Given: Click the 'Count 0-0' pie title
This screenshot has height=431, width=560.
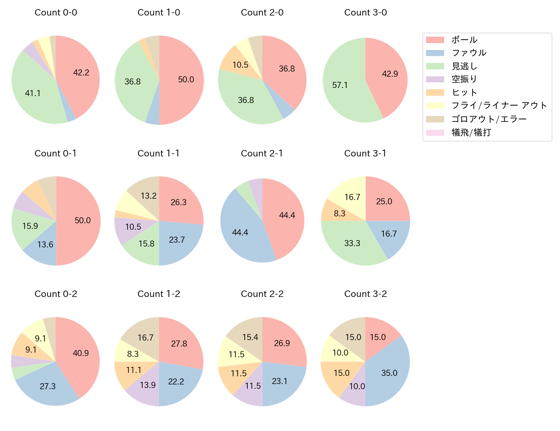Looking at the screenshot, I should [56, 12].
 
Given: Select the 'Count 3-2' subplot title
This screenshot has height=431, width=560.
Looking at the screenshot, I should [365, 294].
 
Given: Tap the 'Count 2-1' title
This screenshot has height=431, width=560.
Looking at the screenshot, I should [262, 153].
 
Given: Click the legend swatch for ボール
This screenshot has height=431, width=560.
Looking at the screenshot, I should [435, 40].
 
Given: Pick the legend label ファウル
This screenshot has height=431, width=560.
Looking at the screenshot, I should [469, 53].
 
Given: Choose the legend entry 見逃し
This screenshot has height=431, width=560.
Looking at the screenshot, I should [464, 66].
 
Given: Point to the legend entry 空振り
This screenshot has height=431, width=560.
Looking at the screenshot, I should [464, 79].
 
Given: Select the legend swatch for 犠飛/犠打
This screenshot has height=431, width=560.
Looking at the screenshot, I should [435, 132].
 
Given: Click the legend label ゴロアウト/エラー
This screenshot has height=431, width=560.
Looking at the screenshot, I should [489, 119].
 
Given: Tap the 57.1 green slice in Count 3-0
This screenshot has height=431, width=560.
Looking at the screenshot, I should [342, 86].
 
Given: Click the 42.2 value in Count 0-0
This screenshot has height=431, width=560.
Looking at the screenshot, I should [81, 73].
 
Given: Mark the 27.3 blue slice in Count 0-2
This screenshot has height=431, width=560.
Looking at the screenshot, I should [48, 386].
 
